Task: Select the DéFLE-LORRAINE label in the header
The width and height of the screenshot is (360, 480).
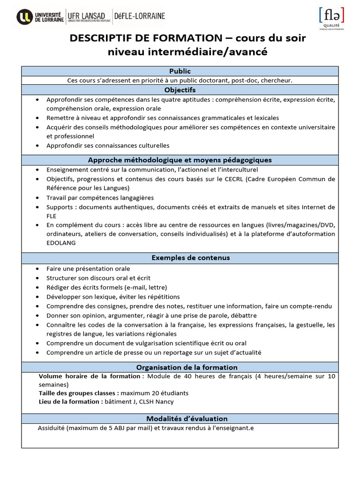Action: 140,16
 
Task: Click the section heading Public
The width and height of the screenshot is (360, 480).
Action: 180,71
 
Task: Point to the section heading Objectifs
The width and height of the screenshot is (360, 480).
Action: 180,90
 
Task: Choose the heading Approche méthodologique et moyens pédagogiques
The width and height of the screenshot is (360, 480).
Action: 180,160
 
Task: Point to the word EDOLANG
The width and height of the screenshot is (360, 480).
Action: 61,243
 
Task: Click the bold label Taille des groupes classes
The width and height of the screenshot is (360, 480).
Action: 78,393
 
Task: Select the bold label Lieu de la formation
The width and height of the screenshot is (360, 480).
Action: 69,401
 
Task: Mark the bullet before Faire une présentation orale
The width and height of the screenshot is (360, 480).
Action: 37,269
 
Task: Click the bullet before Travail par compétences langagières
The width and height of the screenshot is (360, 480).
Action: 37,198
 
